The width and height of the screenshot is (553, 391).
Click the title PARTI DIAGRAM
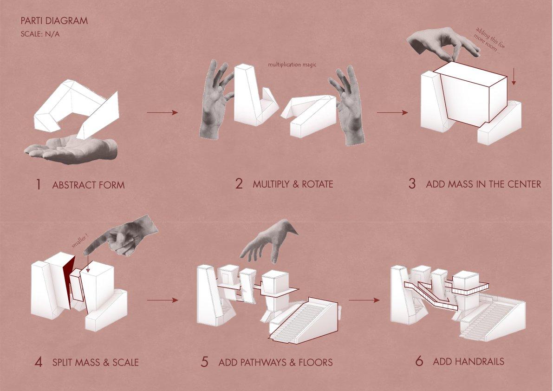(x=54, y=21)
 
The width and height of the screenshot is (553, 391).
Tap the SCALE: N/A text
(x=40, y=34)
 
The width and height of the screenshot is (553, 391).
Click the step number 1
(x=39, y=185)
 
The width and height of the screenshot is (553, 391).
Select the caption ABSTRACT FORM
(x=88, y=185)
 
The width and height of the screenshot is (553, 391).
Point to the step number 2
(x=239, y=184)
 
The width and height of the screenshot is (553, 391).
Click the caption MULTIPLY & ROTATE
(x=293, y=184)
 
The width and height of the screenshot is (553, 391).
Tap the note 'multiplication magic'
(x=292, y=65)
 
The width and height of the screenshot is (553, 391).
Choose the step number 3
(x=412, y=184)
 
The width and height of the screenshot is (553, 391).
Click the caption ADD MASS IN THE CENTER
(x=483, y=184)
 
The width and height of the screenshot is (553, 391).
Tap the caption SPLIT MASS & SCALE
(x=95, y=362)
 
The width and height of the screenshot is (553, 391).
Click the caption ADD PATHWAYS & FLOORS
(x=275, y=362)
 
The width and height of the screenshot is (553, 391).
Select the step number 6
(x=419, y=361)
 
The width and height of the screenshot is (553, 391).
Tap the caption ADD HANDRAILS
(x=468, y=361)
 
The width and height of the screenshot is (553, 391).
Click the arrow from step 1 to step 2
(x=162, y=112)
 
